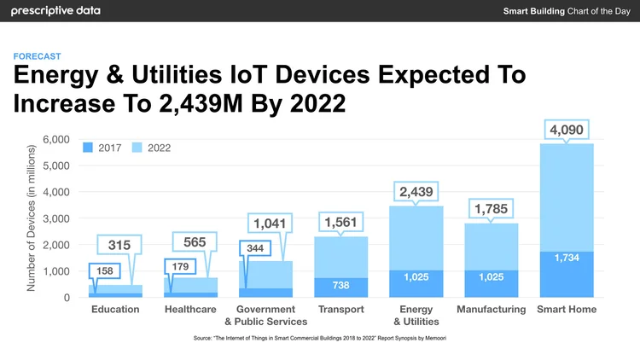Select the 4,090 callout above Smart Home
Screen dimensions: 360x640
click(x=566, y=131)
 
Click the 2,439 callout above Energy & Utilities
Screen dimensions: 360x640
click(x=416, y=191)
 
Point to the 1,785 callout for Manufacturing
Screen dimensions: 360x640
click(x=491, y=208)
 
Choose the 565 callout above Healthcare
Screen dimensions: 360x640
click(x=195, y=242)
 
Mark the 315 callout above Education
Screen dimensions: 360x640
click(x=119, y=246)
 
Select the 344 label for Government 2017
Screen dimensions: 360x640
click(x=254, y=247)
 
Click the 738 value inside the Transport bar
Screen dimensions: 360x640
click(x=341, y=283)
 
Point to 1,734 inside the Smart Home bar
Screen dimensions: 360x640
click(x=567, y=258)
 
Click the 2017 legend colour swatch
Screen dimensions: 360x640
click(x=88, y=148)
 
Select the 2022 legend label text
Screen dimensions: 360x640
click(x=160, y=148)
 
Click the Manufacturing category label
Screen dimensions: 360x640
click(x=491, y=309)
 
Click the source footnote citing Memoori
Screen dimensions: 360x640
click(x=320, y=339)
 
